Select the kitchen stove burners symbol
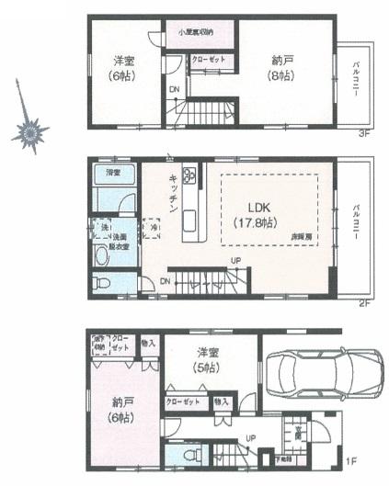[x=190, y=175]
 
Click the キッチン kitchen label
[x=172, y=194]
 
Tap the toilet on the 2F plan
[x=103, y=281]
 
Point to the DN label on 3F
[x=175, y=89]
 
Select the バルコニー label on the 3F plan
[x=355, y=82]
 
